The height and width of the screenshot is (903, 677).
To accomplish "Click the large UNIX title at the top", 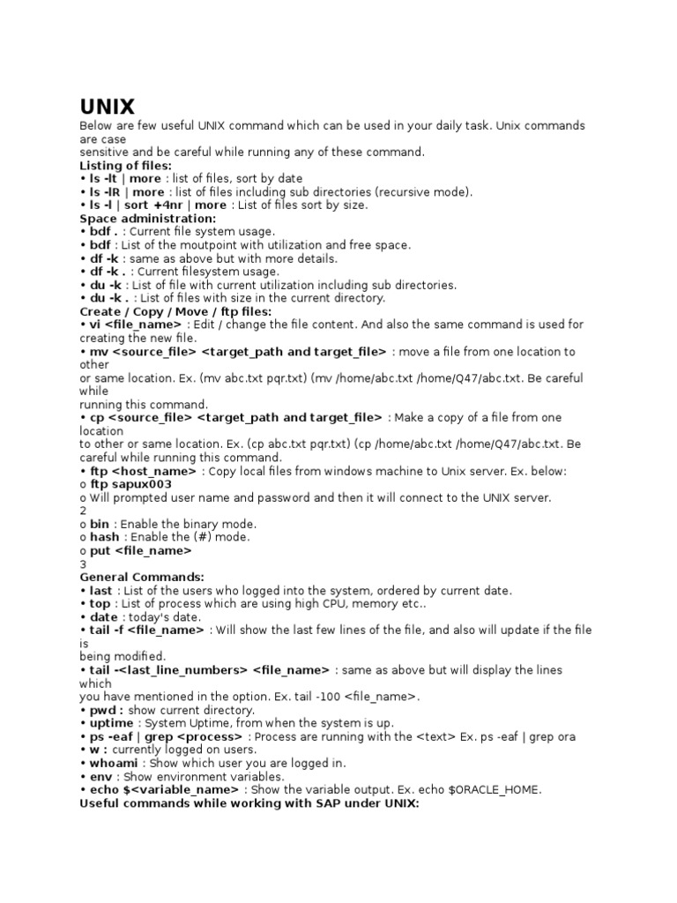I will (x=108, y=107).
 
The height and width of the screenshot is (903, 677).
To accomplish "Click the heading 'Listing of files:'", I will (x=125, y=165).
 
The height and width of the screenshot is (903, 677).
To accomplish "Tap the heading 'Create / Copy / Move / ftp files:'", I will (x=176, y=311).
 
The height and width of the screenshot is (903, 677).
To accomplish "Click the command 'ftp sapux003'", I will (x=131, y=484).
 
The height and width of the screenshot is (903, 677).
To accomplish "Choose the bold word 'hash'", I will (x=107, y=537).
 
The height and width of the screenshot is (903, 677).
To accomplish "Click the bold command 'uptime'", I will (x=112, y=723).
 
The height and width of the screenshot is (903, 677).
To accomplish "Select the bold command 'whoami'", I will (x=115, y=763).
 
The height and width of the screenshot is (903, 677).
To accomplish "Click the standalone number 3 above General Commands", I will (x=83, y=563).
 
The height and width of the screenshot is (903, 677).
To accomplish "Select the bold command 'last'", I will (x=100, y=590).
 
